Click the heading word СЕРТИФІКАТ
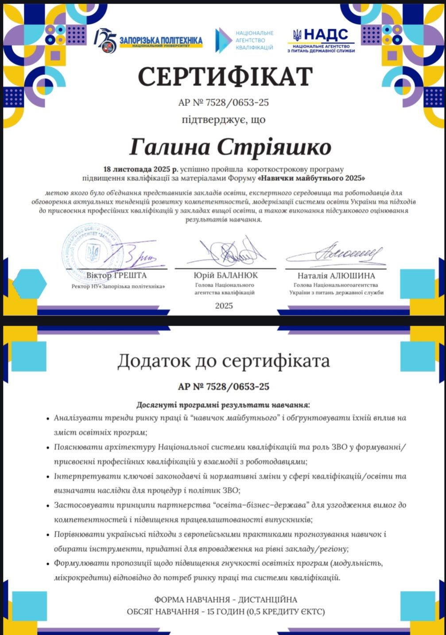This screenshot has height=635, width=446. coord(225,76)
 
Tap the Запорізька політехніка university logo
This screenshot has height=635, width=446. coord(148,41)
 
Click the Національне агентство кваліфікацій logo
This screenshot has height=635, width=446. coord(244,40)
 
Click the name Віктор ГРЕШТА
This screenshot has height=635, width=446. coord(116,275)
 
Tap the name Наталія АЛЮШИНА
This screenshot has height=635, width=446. coord(336,276)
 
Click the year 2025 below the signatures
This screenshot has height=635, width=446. coord(224,306)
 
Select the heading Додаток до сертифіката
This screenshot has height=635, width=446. coord(223,361)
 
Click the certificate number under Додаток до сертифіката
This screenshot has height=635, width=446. coord(224,386)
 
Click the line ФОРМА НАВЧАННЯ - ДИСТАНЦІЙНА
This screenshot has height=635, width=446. coord(225,600)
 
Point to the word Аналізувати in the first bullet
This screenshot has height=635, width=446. coord(78,418)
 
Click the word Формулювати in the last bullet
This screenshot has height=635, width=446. coord(79,563)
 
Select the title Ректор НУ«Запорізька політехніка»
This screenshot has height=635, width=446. coord(118,286)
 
